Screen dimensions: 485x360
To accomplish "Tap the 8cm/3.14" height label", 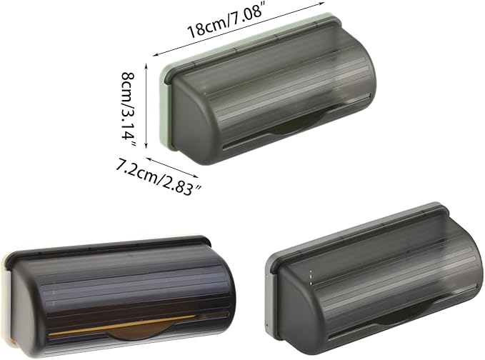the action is [129, 110].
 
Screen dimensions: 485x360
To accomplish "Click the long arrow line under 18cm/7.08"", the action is [239, 29].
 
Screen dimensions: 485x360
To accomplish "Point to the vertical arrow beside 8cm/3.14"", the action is [146, 106].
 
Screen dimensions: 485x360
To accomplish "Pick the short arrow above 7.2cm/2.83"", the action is [171, 168].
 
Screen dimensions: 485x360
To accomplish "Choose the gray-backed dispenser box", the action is [374, 279].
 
